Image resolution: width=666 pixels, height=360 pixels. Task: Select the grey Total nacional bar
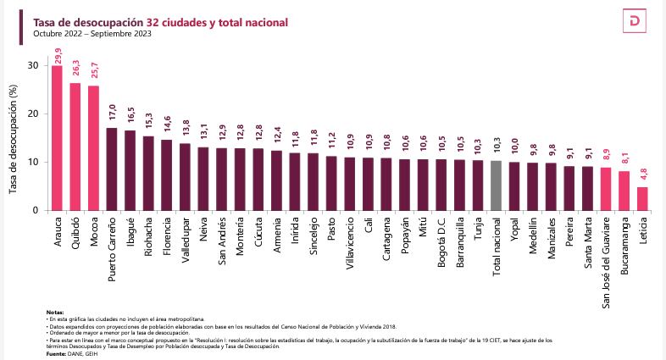coord(496,186)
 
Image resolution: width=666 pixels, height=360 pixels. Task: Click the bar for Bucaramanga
coord(624,191)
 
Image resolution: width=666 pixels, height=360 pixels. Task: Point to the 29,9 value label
coord(58,56)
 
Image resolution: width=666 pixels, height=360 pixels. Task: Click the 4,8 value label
coord(642,177)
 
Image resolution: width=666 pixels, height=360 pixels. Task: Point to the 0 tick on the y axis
coord(35,210)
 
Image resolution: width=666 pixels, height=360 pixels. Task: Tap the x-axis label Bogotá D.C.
coord(441,241)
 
